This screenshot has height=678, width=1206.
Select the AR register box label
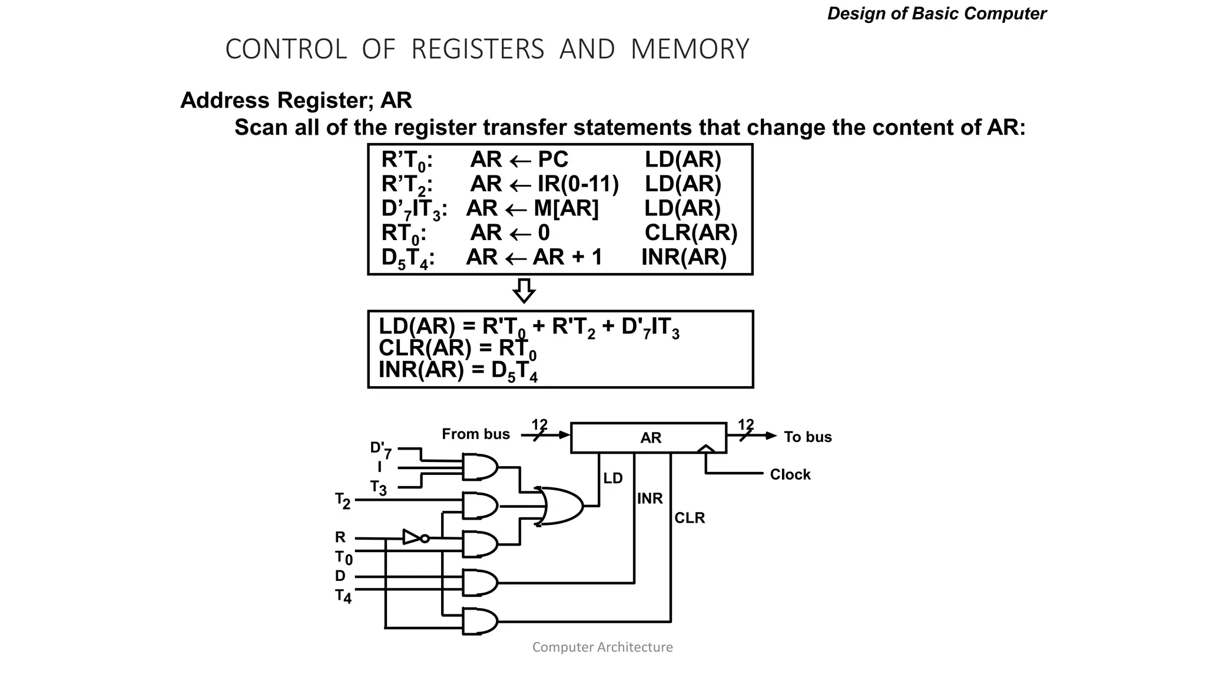651,438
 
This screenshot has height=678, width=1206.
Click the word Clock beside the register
790,474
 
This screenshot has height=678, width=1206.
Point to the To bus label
807,437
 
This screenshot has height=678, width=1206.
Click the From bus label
476,434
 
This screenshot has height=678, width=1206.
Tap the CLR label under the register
689,518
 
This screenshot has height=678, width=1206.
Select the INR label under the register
650,498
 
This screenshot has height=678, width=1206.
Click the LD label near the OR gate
612,478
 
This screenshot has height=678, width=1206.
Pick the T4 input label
343,596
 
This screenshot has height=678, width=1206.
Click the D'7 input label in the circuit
380,450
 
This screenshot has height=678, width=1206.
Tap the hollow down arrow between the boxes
524,291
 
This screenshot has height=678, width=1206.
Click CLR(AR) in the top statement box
690,233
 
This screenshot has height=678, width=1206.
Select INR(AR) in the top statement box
684,258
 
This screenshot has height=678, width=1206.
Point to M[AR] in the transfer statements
565,209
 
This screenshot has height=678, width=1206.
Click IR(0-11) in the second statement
578,184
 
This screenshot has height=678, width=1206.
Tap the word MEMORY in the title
690,49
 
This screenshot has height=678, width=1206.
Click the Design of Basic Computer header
936,14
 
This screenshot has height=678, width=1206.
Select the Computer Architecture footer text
602,647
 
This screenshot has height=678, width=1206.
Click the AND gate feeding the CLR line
480,621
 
